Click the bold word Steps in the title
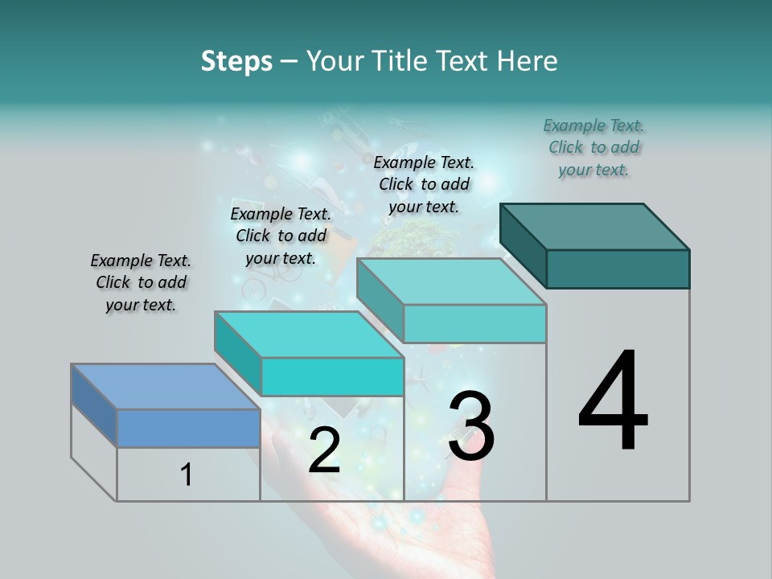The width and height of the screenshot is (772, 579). tap(236, 61)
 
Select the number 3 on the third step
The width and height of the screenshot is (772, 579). tap(471, 426)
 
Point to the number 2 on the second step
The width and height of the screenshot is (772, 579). tap(324, 450)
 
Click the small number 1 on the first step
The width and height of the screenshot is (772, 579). tap(186, 475)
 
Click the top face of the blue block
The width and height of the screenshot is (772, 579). tap(165, 386)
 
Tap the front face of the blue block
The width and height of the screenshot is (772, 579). tap(188, 428)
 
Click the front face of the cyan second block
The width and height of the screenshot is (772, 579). tap(332, 376)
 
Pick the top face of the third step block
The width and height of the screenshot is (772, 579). tap(450, 281)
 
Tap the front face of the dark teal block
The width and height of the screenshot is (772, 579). tap(618, 269)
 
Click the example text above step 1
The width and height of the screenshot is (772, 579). tap(141, 282)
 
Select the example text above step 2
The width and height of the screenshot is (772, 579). tap(281, 236)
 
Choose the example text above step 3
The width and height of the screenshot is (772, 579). tap(424, 184)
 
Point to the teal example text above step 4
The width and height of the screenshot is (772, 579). tap(593, 147)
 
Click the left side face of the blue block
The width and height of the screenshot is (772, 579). tap(94, 404)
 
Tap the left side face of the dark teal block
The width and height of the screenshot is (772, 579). tap(524, 245)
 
